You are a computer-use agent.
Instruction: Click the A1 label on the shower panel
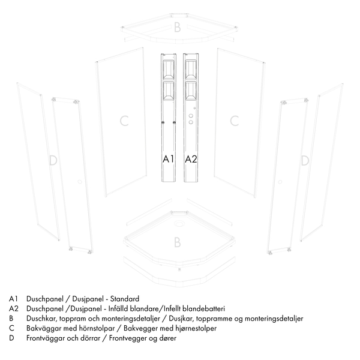(x=168, y=158)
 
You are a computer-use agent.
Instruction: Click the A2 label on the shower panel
(x=191, y=158)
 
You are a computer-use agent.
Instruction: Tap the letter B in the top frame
(x=177, y=28)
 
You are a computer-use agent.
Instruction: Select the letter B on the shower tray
(x=177, y=242)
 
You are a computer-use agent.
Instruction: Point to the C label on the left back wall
(x=124, y=121)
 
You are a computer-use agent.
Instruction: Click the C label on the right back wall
(x=235, y=121)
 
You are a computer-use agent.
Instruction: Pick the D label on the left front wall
(x=53, y=160)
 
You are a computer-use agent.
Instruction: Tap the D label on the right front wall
(x=305, y=160)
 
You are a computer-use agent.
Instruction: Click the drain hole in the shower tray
(x=179, y=223)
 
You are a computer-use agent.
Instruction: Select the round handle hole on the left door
(x=80, y=182)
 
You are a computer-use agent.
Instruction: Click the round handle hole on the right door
(x=280, y=182)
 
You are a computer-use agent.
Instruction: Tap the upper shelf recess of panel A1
(x=168, y=70)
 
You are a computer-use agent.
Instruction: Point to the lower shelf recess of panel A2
(x=191, y=91)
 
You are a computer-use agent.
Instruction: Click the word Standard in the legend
(x=125, y=299)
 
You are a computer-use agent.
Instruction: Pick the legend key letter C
(x=12, y=328)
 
